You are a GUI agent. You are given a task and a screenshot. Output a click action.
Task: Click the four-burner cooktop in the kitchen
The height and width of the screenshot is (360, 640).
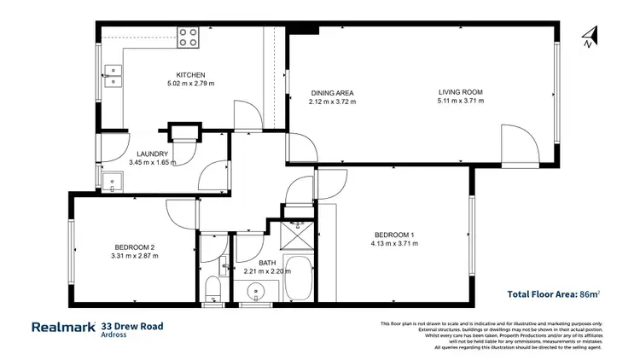tap(189, 37)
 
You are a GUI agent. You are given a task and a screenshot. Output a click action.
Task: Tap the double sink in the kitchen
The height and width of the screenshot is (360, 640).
tap(113, 75)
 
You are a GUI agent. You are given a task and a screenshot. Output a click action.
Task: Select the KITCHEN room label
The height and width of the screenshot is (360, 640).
tap(190, 75)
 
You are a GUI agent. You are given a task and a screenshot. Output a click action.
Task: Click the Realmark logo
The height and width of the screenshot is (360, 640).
tap(63, 327)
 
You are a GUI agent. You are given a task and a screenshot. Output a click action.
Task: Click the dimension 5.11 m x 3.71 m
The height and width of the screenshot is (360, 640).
tap(460, 101)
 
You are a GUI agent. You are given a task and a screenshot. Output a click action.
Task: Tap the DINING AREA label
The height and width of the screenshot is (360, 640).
tap(331, 92)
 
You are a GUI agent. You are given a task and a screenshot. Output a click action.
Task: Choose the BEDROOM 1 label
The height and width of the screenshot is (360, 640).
tap(394, 235)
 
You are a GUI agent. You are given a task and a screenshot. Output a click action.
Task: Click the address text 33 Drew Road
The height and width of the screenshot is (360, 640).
tap(131, 325)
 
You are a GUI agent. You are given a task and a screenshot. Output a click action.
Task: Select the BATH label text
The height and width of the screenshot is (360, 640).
tap(267, 263)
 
